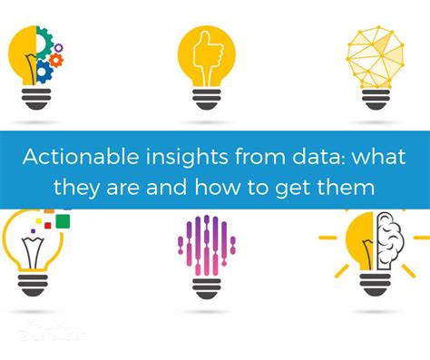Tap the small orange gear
(56, 59)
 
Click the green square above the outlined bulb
(63, 219)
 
